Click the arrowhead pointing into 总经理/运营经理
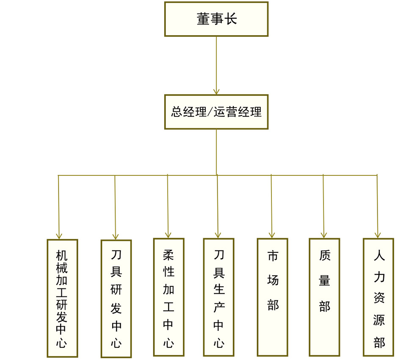coord(216,91)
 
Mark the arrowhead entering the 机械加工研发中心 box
coord(59,236)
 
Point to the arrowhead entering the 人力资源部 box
coord(378,235)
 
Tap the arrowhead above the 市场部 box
coord(272,235)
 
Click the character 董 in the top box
coord(203,19)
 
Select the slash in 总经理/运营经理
coord(210,112)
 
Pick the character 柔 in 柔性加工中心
coord(169,255)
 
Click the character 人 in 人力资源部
coord(379,255)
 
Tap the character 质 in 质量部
coord(325,255)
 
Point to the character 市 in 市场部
coord(273,256)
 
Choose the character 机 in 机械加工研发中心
coord(62,255)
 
